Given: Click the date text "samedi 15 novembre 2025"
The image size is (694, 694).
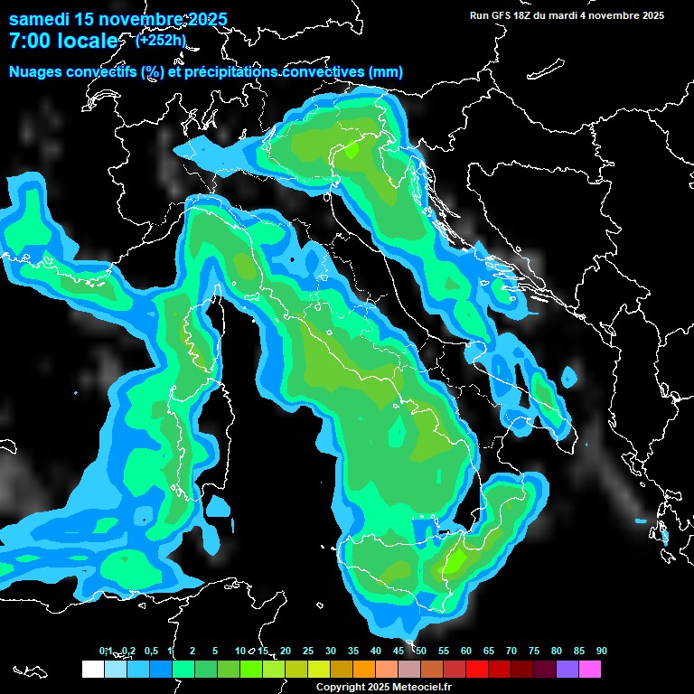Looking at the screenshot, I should (x=117, y=19).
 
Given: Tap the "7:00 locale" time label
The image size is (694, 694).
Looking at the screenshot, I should (x=63, y=41).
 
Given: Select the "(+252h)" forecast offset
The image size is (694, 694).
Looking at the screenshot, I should (x=161, y=40).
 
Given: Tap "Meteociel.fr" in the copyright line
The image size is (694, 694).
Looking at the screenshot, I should (x=421, y=688).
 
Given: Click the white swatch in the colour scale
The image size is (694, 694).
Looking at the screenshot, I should (x=92, y=670).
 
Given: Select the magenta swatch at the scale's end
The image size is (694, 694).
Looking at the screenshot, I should (x=590, y=670).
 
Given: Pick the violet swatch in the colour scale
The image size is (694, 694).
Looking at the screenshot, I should (x=567, y=670).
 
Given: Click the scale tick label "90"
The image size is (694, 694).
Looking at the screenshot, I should (x=602, y=652).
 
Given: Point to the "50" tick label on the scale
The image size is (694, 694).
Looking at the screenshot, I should (x=421, y=652).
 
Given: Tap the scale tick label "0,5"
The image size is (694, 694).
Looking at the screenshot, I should (x=150, y=652).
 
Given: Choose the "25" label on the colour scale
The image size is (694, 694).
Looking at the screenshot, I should (x=308, y=652).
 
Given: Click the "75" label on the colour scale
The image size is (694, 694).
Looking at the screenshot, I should (x=534, y=652).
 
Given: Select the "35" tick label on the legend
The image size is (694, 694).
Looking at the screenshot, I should (x=353, y=652).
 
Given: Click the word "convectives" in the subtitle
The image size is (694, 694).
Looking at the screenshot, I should (x=322, y=71).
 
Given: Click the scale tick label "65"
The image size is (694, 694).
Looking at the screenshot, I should (x=489, y=652).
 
